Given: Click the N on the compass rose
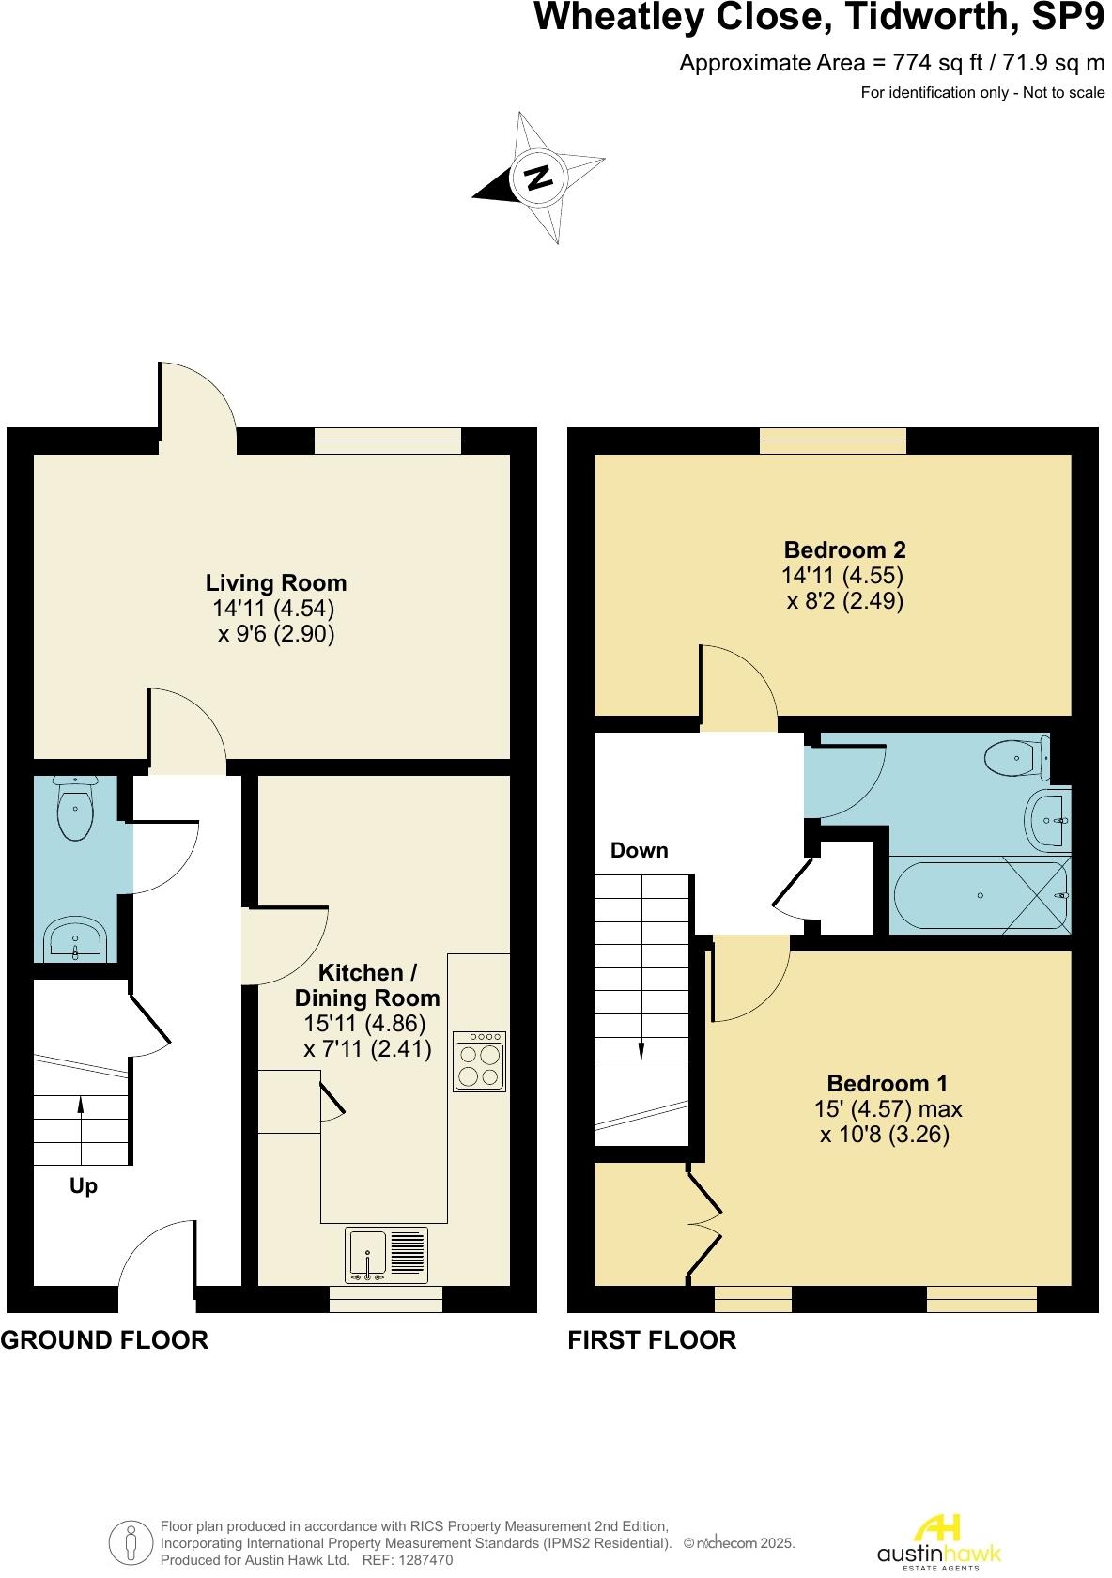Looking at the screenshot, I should pyautogui.click(x=537, y=178).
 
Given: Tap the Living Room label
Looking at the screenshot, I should pyautogui.click(x=276, y=583).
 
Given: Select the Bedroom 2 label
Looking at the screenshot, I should pyautogui.click(x=844, y=549).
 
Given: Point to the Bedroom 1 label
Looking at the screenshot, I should pyautogui.click(x=888, y=1083).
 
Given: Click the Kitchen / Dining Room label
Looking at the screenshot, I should pyautogui.click(x=367, y=985).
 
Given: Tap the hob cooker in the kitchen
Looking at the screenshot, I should pyautogui.click(x=479, y=1061).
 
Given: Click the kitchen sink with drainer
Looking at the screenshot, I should pyautogui.click(x=386, y=1255).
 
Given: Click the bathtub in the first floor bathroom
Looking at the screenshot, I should pyautogui.click(x=979, y=895).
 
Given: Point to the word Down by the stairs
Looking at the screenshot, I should pyautogui.click(x=639, y=851).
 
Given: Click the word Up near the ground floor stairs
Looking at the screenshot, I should pyautogui.click(x=84, y=1186).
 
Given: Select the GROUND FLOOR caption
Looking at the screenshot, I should pyautogui.click(x=104, y=1340).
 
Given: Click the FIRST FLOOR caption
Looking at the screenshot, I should pyautogui.click(x=652, y=1340).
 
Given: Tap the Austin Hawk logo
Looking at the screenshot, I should pyautogui.click(x=939, y=1541).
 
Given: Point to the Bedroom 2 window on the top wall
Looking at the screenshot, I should pyautogui.click(x=833, y=441).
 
